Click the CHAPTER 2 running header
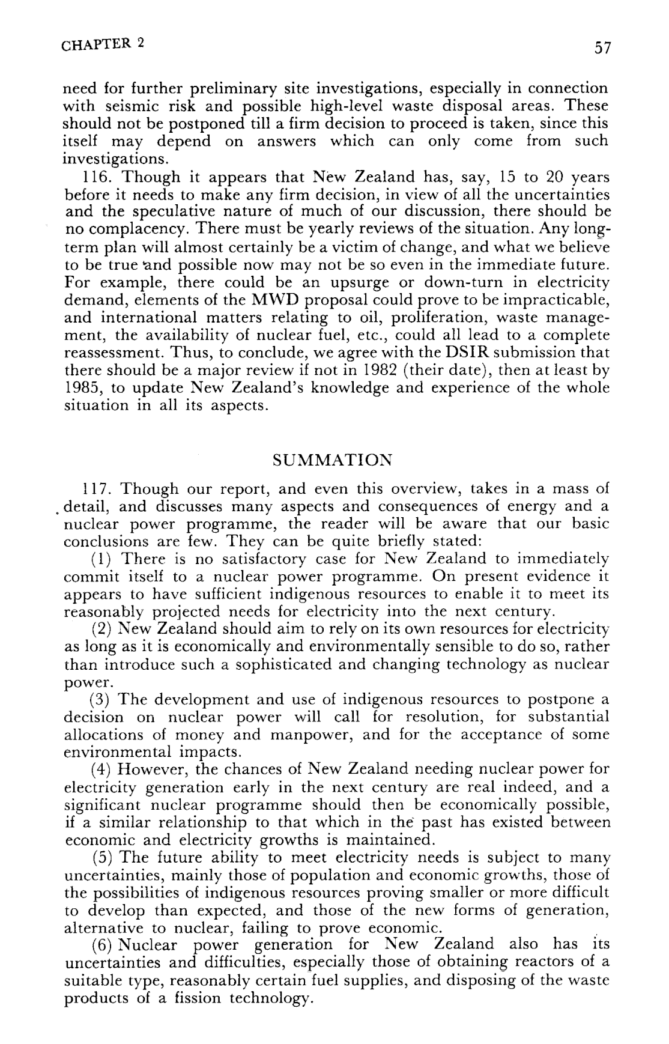point(103,45)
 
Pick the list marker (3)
point(99,700)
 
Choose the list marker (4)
point(99,769)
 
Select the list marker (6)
point(99,945)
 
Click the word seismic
point(128,106)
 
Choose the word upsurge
point(352,282)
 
